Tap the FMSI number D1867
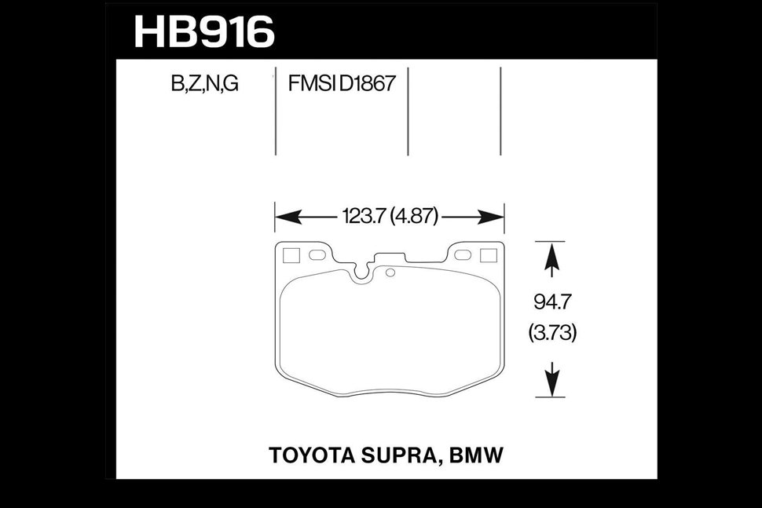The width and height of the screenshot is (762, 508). [367, 84]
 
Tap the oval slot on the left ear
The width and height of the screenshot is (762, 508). [317, 255]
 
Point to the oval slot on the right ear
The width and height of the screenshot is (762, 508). [462, 255]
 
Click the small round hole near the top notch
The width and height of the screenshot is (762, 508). [390, 272]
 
